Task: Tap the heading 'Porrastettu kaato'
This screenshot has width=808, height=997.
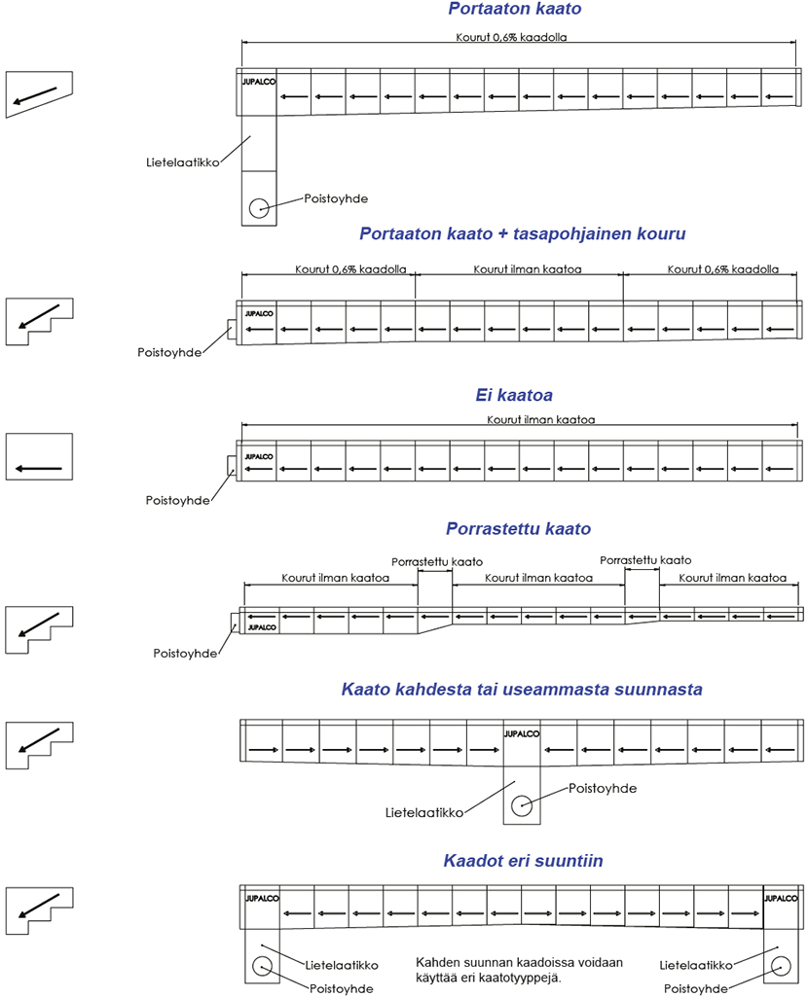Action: pos(518,530)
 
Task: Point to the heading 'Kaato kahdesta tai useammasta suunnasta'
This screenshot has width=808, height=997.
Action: pos(522,691)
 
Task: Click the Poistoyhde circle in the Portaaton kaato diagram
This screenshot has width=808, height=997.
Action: pos(258,207)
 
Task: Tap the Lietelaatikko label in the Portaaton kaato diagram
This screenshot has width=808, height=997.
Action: pos(175,153)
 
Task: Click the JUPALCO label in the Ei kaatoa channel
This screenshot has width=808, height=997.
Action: pos(259,456)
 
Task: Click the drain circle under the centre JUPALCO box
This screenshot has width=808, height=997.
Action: pos(522,804)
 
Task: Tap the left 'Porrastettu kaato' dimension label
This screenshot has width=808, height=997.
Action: pos(435,561)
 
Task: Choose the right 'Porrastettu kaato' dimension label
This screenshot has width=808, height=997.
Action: pos(645,561)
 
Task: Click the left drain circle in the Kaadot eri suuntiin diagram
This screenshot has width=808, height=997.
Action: pos(260,966)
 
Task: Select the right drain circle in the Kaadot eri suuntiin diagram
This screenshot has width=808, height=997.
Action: pos(780,966)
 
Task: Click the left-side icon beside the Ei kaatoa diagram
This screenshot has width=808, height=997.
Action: pos(39,457)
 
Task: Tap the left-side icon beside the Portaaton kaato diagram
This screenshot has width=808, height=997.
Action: pos(39,93)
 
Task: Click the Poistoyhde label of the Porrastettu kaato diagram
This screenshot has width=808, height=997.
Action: pos(185,654)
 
